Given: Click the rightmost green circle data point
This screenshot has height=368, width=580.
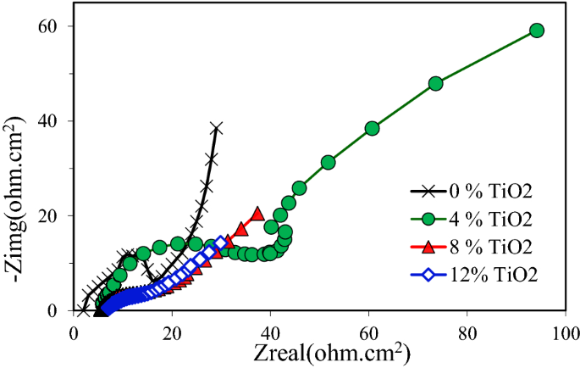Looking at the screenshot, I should tap(536, 31).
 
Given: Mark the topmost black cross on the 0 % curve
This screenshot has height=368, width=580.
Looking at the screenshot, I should tap(217, 128).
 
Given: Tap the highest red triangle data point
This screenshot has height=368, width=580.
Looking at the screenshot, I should tap(257, 214).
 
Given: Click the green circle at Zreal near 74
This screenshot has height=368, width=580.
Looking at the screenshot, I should tap(436, 83).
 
